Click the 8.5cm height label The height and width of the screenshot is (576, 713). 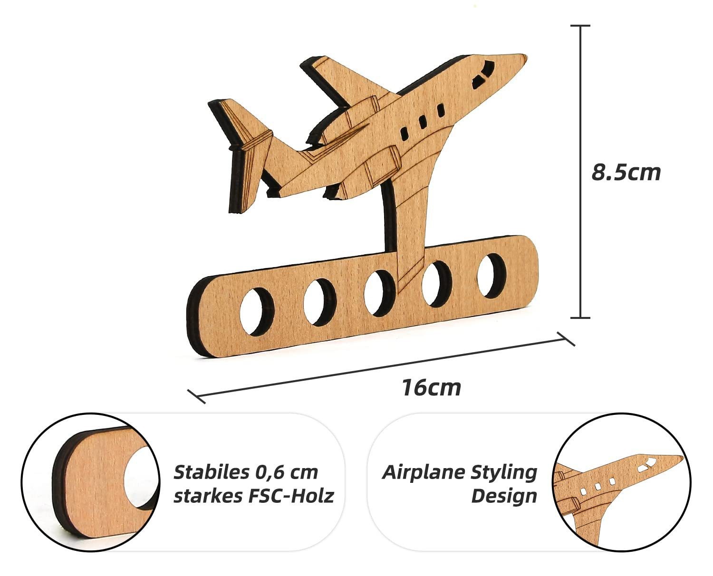point(626,172)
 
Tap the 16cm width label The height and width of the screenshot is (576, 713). point(432,388)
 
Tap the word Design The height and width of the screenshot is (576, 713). point(504,496)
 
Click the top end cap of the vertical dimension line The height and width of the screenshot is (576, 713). point(580,26)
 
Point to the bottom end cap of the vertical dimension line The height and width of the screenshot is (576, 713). point(580,318)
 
